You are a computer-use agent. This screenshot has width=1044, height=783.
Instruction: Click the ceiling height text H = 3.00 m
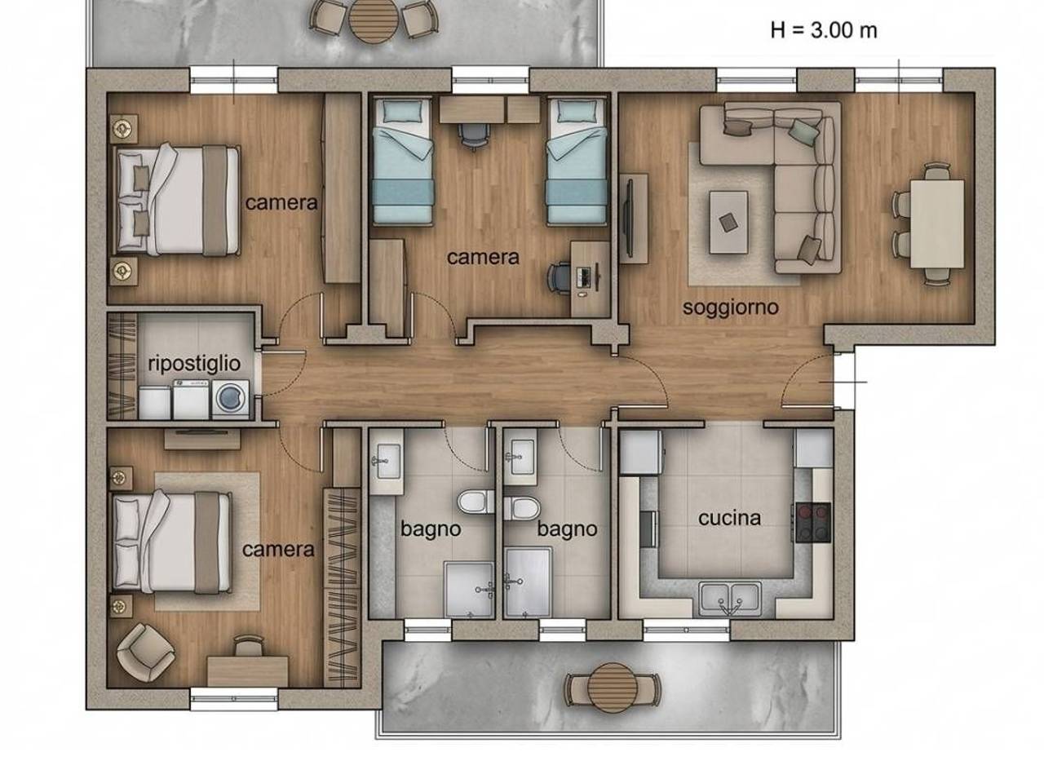[823, 31]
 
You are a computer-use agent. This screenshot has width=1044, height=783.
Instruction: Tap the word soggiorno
[731, 307]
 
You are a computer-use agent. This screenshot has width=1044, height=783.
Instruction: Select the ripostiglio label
[194, 364]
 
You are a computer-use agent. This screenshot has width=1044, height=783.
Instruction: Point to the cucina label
[730, 518]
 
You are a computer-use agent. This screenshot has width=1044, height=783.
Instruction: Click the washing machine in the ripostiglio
[230, 400]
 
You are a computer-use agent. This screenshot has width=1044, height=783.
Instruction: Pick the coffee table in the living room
[728, 223]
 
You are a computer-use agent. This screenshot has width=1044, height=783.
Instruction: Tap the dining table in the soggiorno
[937, 224]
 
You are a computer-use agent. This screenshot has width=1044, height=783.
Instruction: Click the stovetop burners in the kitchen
[813, 523]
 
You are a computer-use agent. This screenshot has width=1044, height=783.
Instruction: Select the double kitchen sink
[730, 599]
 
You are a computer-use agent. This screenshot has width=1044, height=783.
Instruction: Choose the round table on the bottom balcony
[613, 688]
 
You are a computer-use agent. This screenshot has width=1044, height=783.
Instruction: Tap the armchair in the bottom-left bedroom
[145, 652]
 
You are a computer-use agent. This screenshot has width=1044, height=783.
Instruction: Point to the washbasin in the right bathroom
[522, 458]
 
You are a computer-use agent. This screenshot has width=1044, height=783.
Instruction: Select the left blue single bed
[402, 161]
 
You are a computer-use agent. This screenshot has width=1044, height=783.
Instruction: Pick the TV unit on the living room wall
[634, 219]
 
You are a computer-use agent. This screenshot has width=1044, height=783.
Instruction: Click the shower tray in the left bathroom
[469, 590]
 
